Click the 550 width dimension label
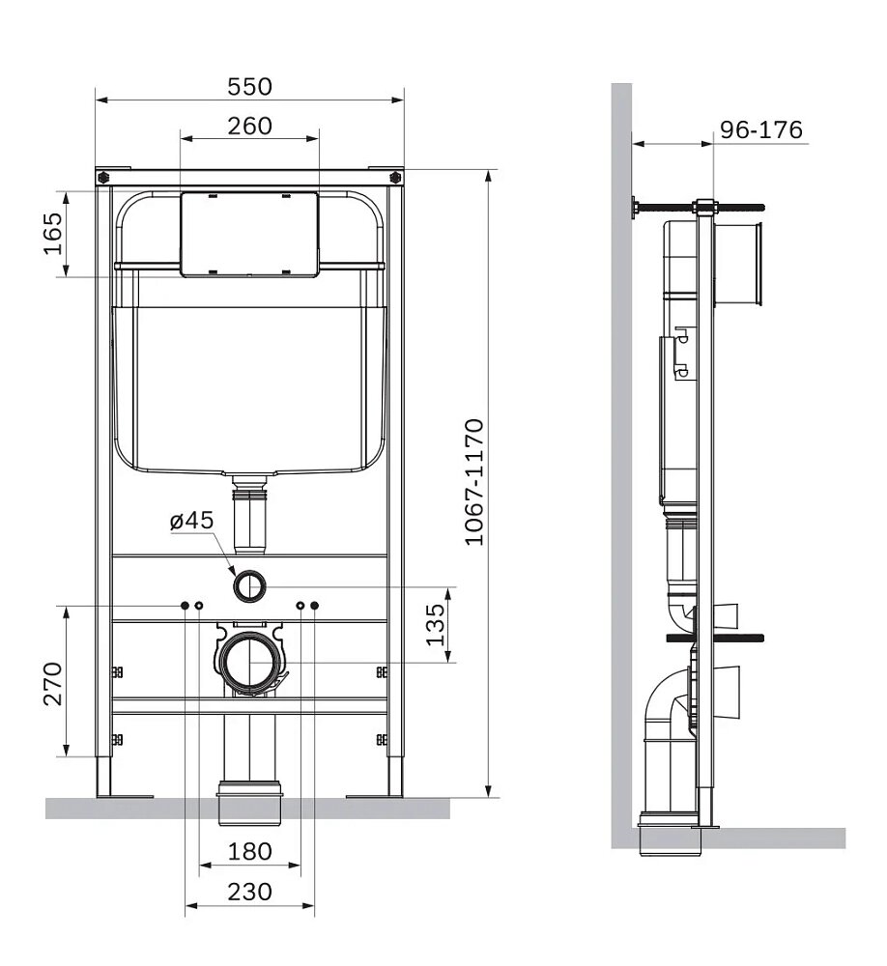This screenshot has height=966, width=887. tap(249, 87)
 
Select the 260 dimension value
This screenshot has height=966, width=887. tap(249, 127)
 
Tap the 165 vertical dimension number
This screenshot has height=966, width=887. tap(52, 234)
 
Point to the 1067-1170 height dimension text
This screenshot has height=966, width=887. tap(474, 482)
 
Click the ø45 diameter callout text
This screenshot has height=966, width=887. tap(191, 521)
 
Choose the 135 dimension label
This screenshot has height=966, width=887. tap(435, 624)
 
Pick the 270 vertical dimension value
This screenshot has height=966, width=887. tap(52, 683)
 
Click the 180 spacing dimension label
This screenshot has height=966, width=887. tap(249, 851)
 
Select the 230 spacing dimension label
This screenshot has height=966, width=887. tap(249, 892)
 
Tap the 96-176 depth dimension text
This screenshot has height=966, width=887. tap(761, 130)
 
